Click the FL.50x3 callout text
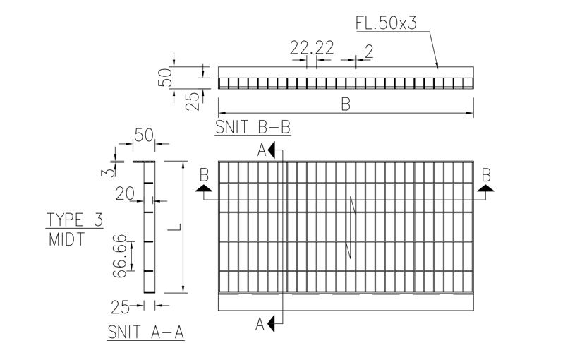click(386, 23)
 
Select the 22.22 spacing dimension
click(312, 48)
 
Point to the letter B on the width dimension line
click(346, 104)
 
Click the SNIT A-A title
click(146, 332)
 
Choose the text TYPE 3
click(75, 219)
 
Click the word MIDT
click(67, 239)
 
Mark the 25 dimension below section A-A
click(121, 306)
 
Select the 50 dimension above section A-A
click(144, 136)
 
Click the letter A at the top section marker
click(262, 150)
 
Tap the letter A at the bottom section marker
click(260, 324)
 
